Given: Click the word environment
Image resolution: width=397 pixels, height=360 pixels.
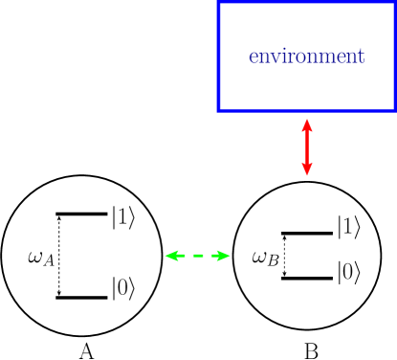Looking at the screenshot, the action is [306, 56].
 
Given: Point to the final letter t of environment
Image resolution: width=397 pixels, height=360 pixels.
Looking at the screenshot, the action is [360, 56].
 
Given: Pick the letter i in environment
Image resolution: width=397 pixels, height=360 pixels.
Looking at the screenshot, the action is [281, 56].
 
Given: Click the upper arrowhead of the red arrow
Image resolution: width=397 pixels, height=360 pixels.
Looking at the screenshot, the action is [307, 124].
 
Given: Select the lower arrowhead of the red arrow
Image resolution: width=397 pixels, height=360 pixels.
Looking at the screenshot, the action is [307, 170].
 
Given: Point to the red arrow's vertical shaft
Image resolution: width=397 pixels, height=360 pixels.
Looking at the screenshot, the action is [307, 146].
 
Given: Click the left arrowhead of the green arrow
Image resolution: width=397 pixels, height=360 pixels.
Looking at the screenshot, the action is [171, 256].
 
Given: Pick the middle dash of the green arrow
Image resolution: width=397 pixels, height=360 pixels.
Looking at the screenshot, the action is [197, 256].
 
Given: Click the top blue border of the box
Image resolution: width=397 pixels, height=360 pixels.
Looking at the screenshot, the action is [306, 2].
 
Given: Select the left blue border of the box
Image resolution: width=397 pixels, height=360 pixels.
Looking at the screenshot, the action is [219, 56].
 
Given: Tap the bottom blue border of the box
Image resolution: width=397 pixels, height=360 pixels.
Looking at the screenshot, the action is [306, 110].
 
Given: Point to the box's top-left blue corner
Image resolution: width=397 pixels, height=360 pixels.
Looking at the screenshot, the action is [219, 2].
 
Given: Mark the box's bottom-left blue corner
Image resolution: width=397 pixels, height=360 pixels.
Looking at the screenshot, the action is [219, 110].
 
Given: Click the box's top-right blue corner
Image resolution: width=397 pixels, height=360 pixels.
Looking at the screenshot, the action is [394, 2].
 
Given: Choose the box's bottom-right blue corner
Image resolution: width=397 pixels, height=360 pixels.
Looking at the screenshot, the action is [394, 110].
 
